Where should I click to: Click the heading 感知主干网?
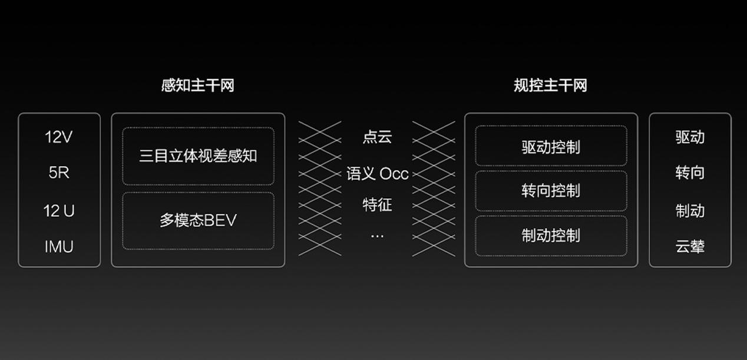pyautogui.click(x=198, y=85)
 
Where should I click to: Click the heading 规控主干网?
pyautogui.click(x=551, y=85)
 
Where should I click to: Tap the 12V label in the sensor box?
pyautogui.click(x=59, y=137)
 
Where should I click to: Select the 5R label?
pyautogui.click(x=59, y=173)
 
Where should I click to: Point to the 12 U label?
pyautogui.click(x=59, y=211)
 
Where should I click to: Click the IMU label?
pyautogui.click(x=59, y=247)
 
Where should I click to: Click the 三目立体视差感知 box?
pyautogui.click(x=198, y=156)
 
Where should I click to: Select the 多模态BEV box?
pyautogui.click(x=198, y=220)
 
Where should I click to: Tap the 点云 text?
pyautogui.click(x=377, y=137)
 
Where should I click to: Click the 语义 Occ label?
pyautogui.click(x=377, y=174)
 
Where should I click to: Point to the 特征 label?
pyautogui.click(x=377, y=204)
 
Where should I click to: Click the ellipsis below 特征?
pyautogui.click(x=377, y=236)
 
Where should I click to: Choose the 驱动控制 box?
pyautogui.click(x=551, y=146)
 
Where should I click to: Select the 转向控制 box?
pyautogui.click(x=551, y=190)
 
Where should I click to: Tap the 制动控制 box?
pyautogui.click(x=551, y=236)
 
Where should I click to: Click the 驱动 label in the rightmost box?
pyautogui.click(x=690, y=137)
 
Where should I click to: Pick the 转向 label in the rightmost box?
pyautogui.click(x=690, y=173)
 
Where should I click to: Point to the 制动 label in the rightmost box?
pyautogui.click(x=690, y=211)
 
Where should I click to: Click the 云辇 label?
pyautogui.click(x=690, y=247)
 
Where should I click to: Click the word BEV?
pyautogui.click(x=220, y=220)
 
